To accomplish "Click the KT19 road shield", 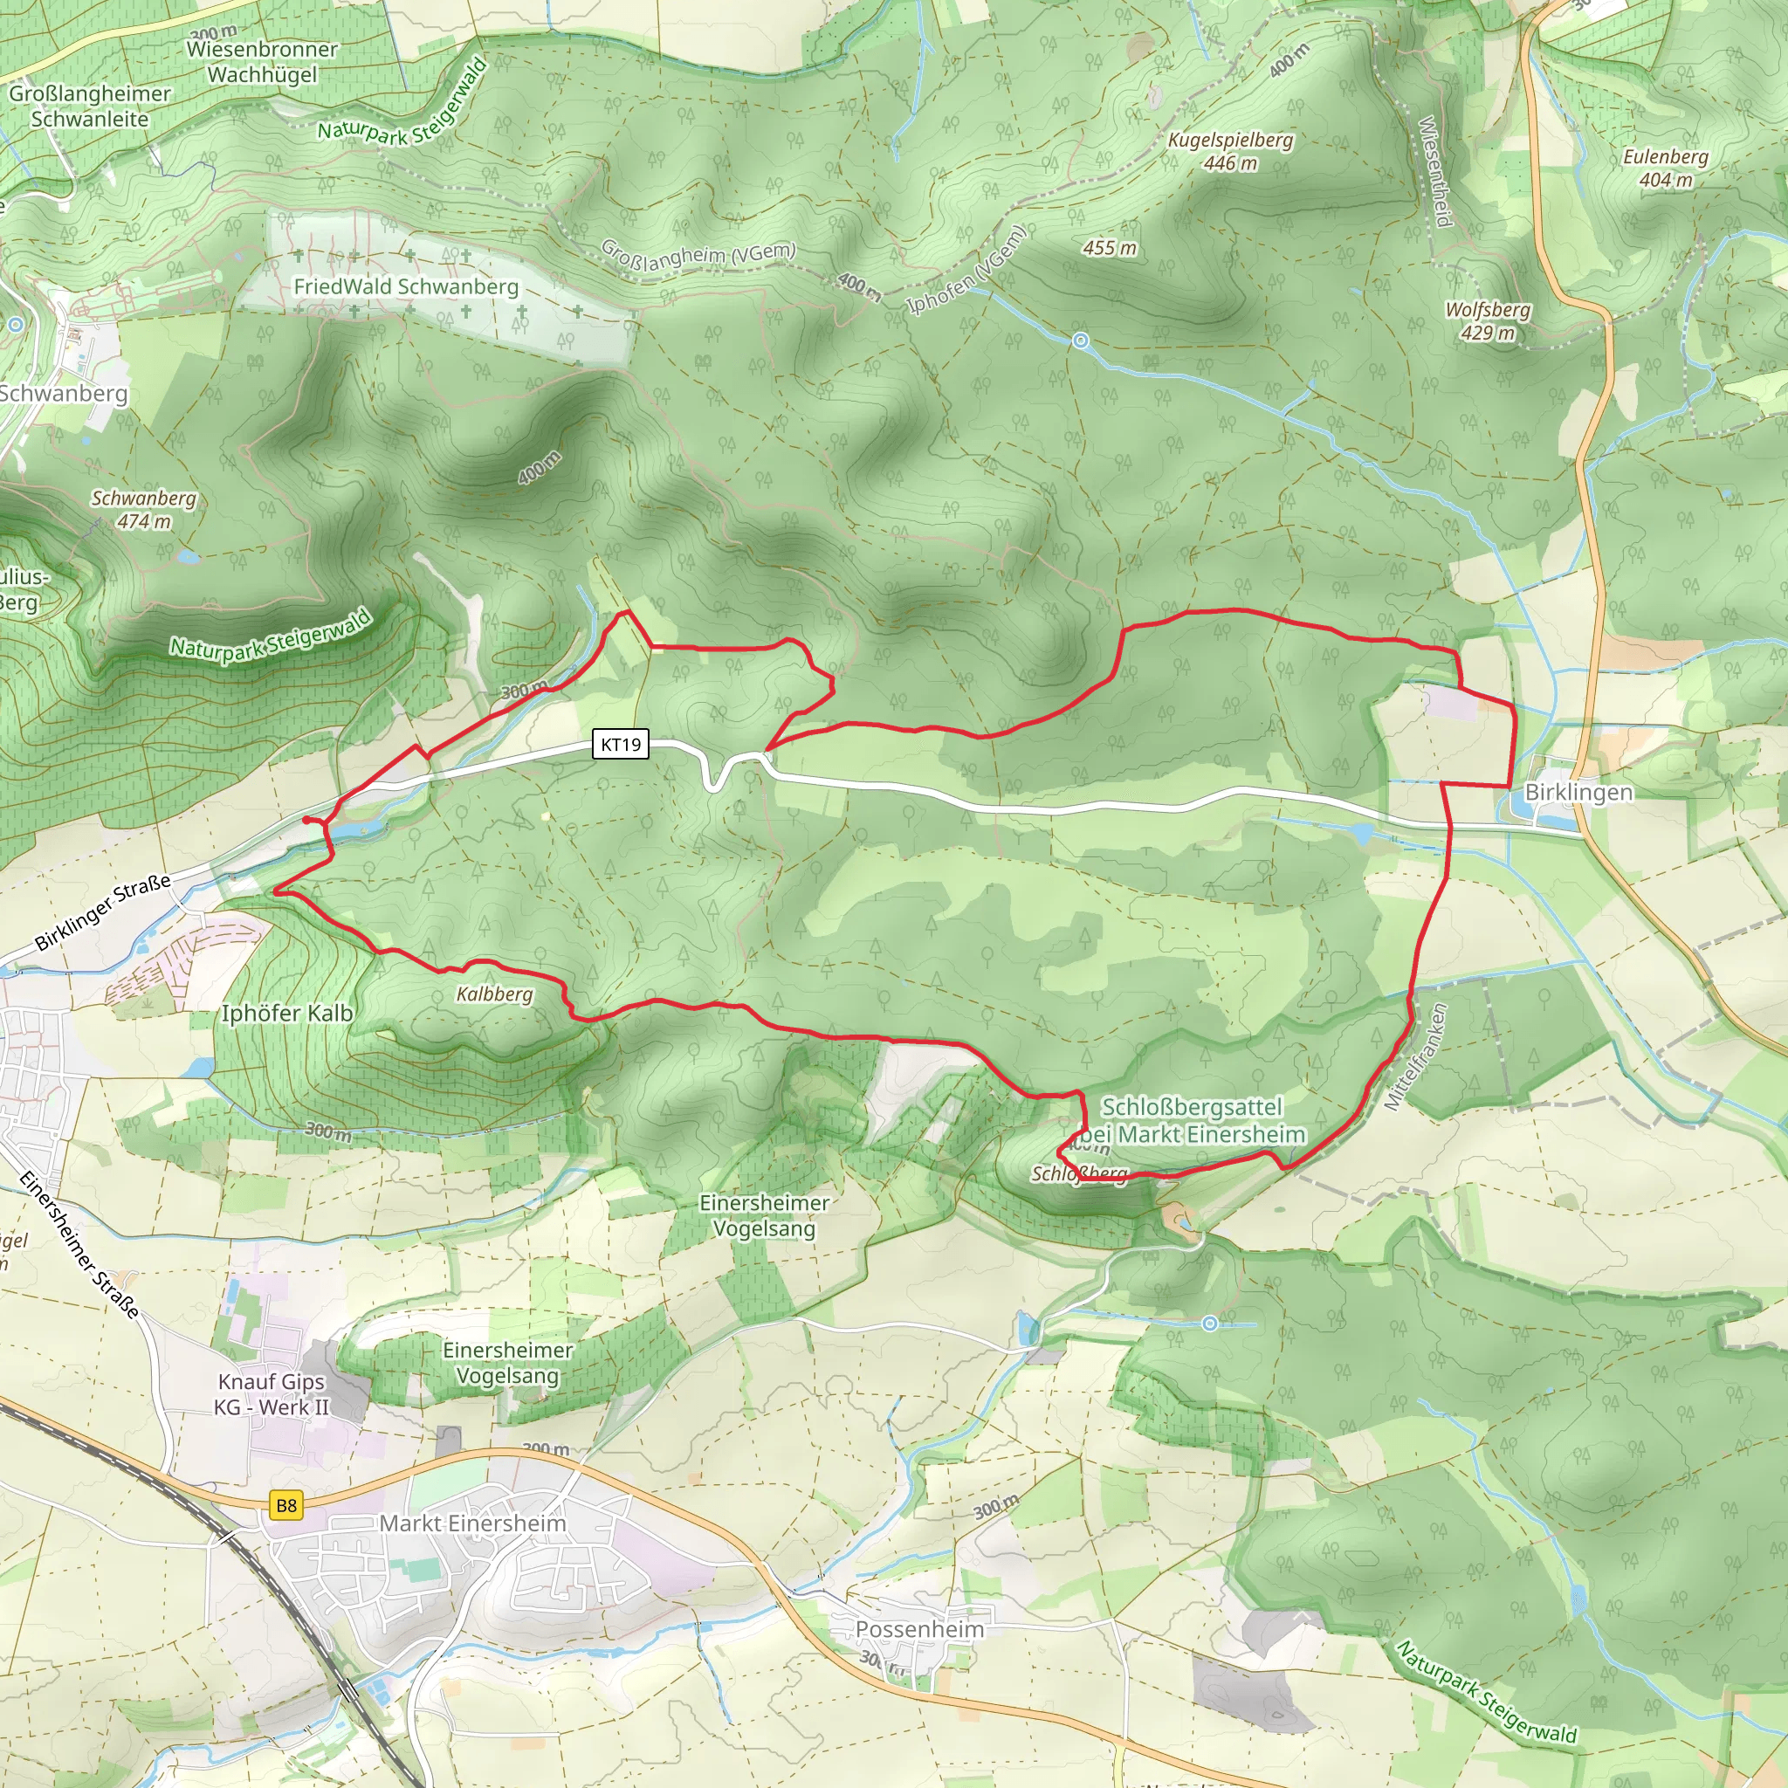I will pyautogui.click(x=620, y=744).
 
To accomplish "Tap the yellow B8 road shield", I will pyautogui.click(x=287, y=1506).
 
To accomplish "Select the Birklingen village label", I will pyautogui.click(x=1578, y=792).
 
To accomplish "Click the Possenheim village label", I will pyautogui.click(x=920, y=1630).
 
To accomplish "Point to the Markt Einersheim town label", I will pyautogui.click(x=472, y=1523).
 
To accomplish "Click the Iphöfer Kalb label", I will pyautogui.click(x=287, y=1014).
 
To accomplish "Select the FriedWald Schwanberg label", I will pyautogui.click(x=406, y=287).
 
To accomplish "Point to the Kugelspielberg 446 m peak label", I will pyautogui.click(x=1230, y=152).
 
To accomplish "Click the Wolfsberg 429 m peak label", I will pyautogui.click(x=1489, y=321).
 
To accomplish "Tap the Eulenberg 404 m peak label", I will pyautogui.click(x=1666, y=168).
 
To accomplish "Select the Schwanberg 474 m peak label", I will pyautogui.click(x=144, y=510).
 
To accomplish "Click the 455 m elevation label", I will pyautogui.click(x=1110, y=248).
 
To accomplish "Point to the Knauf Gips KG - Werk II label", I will pyautogui.click(x=272, y=1393).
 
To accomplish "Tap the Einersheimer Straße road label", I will pyautogui.click(x=79, y=1245).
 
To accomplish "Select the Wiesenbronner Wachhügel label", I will pyautogui.click(x=263, y=62).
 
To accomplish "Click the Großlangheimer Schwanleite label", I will pyautogui.click(x=90, y=107).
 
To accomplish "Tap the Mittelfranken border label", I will pyautogui.click(x=1415, y=1057).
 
